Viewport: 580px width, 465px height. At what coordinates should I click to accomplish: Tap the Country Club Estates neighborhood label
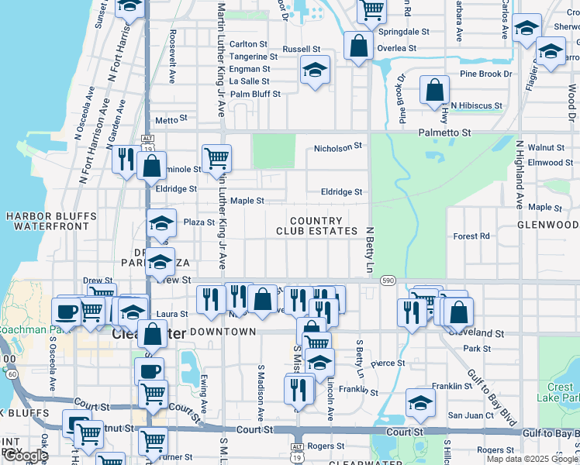coord(317,226)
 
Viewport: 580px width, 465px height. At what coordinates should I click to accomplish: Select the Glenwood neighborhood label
coord(548,225)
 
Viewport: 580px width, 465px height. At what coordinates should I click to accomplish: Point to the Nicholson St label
coord(338,146)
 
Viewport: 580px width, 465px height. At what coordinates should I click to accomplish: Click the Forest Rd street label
coord(471,236)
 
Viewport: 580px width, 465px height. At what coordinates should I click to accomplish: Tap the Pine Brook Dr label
coord(486,74)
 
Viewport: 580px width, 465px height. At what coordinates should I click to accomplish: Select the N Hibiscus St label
coord(475,105)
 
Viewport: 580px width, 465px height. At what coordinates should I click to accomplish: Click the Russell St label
coord(302,49)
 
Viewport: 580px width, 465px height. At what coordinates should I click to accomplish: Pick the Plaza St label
coord(199,222)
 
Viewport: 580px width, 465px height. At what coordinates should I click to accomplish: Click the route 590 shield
coord(388,280)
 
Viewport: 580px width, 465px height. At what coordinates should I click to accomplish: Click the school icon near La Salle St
coord(315,71)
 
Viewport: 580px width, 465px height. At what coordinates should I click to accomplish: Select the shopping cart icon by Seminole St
coord(216,158)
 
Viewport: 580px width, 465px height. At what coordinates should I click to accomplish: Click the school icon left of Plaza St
coord(161,224)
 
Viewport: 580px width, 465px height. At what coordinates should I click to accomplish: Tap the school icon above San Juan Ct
coord(420,403)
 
